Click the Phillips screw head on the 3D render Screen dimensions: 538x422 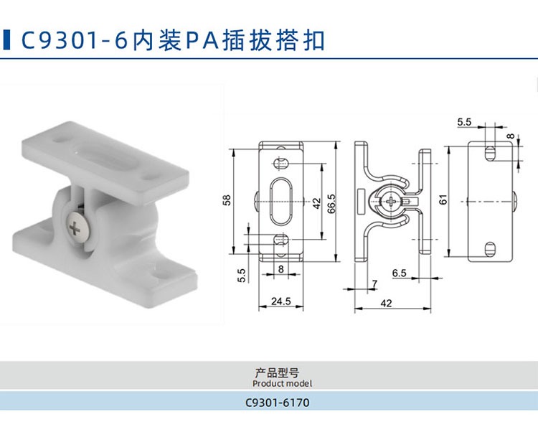79,227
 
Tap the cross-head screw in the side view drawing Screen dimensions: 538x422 392,201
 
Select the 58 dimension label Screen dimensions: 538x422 227,200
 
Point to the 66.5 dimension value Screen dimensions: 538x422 331,204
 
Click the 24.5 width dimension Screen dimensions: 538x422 280,301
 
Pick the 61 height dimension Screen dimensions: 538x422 443,200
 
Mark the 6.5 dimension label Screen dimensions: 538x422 399,273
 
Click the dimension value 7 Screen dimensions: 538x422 374,283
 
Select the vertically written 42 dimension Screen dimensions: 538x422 316,203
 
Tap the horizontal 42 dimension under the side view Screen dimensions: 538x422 386,304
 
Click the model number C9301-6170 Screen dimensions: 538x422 277,403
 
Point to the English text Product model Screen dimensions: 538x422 282,383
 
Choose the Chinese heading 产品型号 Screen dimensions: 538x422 277,373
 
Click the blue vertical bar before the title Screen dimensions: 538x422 6,39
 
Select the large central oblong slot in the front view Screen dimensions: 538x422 281,201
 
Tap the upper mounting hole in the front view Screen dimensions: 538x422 280,163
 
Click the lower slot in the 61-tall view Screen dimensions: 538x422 491,249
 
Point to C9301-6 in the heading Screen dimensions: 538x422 75,40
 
